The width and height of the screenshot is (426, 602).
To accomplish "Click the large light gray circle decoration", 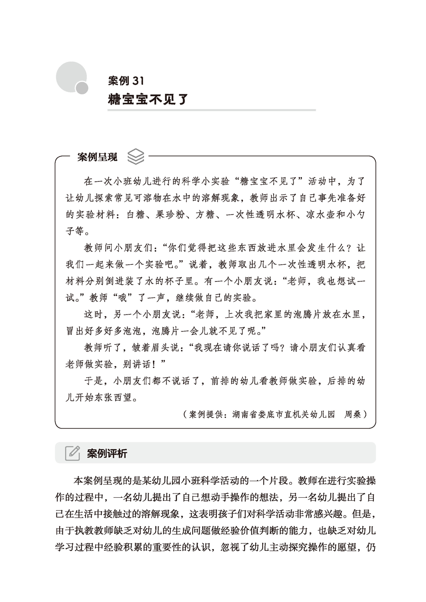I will (71, 76).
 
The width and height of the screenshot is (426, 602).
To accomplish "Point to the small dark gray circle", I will (82, 88).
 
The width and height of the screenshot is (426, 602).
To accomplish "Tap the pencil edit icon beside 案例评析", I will (72, 453).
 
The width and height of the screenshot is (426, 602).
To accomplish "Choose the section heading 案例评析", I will (107, 453).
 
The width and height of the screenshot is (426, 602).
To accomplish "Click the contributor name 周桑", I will (353, 414).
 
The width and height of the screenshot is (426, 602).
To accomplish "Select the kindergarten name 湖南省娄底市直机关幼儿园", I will (284, 414).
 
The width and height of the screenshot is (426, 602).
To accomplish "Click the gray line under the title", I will (211, 110).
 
